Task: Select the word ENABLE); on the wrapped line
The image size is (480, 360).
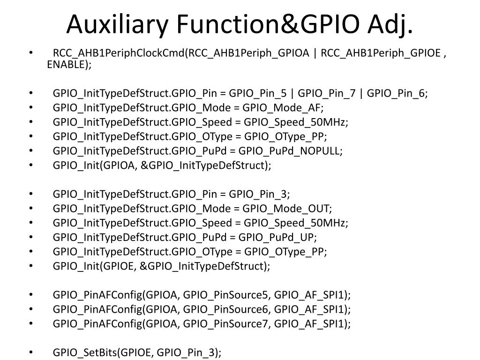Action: point(69,65)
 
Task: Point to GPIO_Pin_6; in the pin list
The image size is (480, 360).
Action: point(397,93)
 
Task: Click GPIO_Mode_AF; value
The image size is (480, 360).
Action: point(283,108)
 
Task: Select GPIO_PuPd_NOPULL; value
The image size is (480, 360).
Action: point(291,151)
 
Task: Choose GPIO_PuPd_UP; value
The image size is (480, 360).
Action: point(278,237)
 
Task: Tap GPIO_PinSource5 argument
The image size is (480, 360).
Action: point(226,295)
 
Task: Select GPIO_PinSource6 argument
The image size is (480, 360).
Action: point(226,309)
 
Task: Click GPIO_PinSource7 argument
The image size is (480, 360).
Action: point(226,324)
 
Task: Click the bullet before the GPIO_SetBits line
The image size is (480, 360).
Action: point(31,352)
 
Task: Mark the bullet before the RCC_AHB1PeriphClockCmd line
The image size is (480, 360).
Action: point(31,53)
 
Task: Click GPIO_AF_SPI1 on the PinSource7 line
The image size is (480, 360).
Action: point(312,324)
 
